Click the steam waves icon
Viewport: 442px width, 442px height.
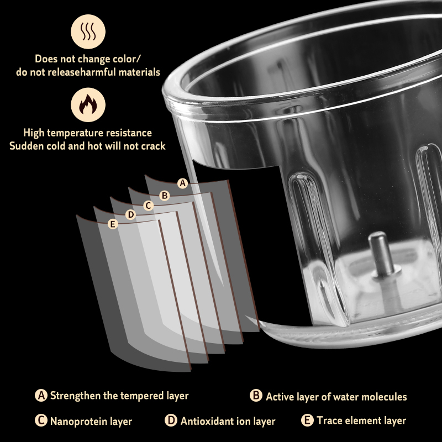88,31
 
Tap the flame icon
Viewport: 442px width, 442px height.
88,104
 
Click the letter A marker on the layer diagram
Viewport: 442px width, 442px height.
183,183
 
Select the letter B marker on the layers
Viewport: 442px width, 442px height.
165,195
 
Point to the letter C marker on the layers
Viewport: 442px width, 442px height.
148,205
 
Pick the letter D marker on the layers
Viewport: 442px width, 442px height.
130,214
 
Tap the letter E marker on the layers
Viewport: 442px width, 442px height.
113,224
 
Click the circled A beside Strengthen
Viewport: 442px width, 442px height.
41,395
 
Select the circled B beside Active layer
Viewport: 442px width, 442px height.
256,395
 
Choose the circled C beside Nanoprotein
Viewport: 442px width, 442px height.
41,420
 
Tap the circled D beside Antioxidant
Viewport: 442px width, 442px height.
171,420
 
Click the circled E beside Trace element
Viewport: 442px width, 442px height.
307,420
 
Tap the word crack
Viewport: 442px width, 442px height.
153,146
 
